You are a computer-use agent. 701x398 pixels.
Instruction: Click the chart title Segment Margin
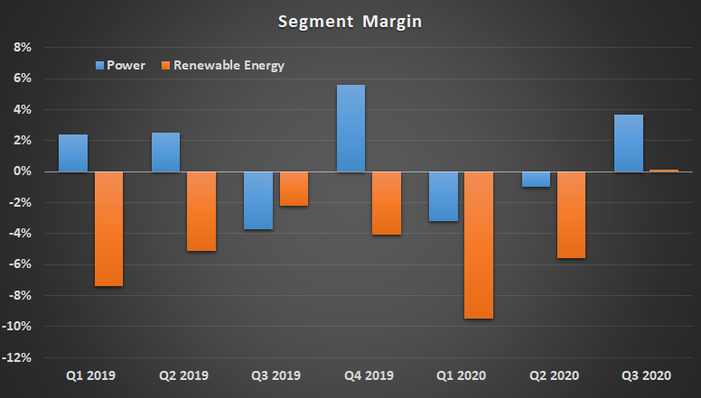tap(350, 20)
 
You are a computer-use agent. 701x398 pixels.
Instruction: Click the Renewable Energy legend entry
tap(227, 65)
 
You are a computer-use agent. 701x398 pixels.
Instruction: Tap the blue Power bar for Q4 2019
tap(350, 128)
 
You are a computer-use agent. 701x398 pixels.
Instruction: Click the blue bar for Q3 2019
tap(257, 200)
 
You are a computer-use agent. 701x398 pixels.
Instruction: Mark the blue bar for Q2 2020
tap(536, 179)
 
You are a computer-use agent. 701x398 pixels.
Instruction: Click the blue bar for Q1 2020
tap(443, 196)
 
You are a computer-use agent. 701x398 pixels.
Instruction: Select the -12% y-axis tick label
tap(19, 357)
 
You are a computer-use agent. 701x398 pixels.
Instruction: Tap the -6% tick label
tap(22, 264)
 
